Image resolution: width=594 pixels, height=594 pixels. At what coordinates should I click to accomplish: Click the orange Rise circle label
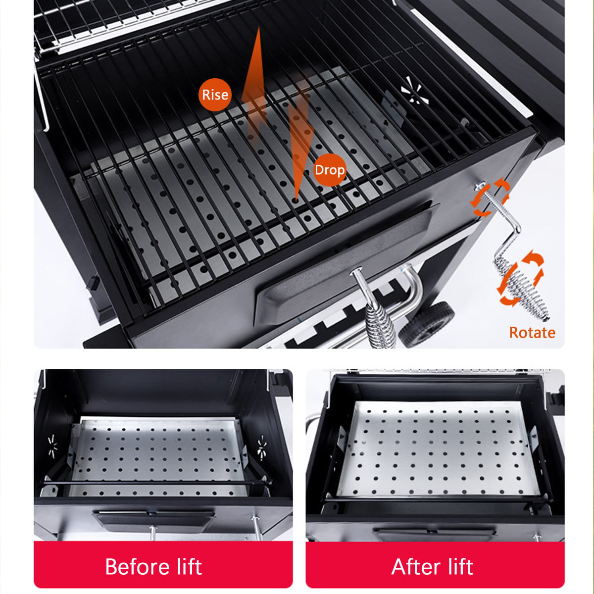pos(215,95)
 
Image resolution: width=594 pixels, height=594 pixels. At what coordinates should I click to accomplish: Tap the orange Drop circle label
pos(330,170)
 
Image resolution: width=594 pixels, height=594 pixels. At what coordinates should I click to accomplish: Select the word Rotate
pos(532,333)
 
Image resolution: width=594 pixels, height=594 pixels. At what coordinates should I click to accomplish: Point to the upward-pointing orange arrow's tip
pos(259,28)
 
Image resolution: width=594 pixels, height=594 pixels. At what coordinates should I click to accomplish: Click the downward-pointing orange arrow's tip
pos(296,201)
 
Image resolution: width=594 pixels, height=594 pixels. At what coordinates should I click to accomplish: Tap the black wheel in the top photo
pos(427,324)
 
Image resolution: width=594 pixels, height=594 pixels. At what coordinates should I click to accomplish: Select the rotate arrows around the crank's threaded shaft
pos(490,198)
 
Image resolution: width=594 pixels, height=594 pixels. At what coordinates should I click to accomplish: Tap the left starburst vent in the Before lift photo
pos(52,446)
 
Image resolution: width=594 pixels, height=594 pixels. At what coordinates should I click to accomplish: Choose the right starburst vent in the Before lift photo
pos(262,447)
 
